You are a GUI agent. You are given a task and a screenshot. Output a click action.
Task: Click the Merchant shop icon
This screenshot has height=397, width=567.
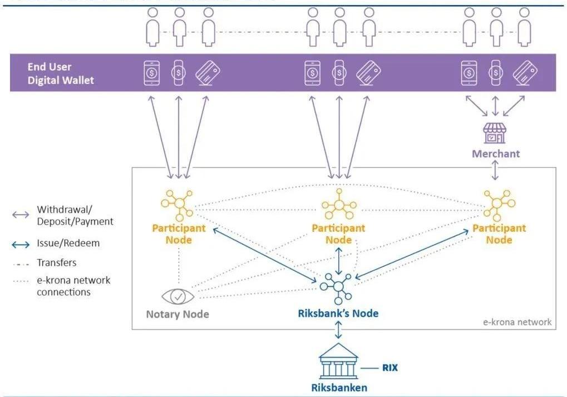pyautogui.click(x=495, y=133)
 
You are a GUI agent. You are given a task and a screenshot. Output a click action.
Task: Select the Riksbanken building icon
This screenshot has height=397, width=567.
pyautogui.click(x=338, y=361)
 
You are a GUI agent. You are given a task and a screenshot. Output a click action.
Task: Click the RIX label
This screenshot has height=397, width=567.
pyautogui.click(x=389, y=368)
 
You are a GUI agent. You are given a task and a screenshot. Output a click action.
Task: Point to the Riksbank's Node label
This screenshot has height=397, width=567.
pyautogui.click(x=338, y=313)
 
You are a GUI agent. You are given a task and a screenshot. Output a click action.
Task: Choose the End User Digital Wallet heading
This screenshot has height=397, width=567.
pyautogui.click(x=61, y=73)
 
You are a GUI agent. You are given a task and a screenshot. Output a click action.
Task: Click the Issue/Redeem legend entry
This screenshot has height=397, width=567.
pyautogui.click(x=68, y=243)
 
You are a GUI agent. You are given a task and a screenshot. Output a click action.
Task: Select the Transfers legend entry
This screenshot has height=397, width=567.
pyautogui.click(x=57, y=262)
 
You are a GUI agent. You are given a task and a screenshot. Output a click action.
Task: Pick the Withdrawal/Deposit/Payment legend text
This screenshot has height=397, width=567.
pyautogui.click(x=75, y=215)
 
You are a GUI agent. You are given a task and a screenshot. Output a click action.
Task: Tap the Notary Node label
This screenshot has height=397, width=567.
pyautogui.click(x=178, y=314)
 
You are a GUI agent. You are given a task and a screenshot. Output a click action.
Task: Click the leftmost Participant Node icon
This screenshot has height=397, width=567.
pyautogui.click(x=178, y=204)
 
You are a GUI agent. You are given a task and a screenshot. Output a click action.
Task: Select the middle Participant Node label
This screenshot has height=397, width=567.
pyautogui.click(x=338, y=234)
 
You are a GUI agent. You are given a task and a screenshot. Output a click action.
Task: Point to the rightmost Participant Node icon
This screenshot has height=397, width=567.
pyautogui.click(x=498, y=204)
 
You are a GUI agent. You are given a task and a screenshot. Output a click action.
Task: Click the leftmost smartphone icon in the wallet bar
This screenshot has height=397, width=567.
pyautogui.click(x=152, y=72)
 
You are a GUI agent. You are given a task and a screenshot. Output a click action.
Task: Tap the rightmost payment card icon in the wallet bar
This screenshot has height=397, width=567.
pyautogui.click(x=525, y=72)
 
